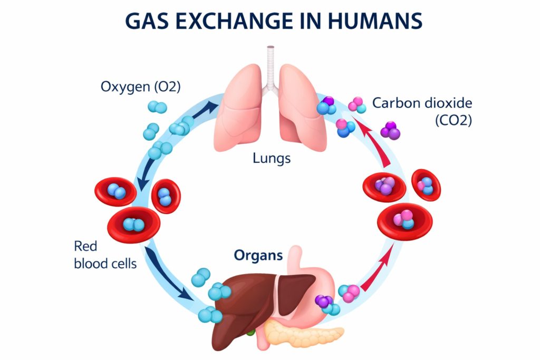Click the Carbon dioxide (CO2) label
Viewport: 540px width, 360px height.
[x=422, y=111]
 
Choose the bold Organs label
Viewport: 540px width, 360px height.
[x=259, y=256]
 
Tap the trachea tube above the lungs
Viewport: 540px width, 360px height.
[x=271, y=63]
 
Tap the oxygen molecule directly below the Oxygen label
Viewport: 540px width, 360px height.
[x=157, y=107]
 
